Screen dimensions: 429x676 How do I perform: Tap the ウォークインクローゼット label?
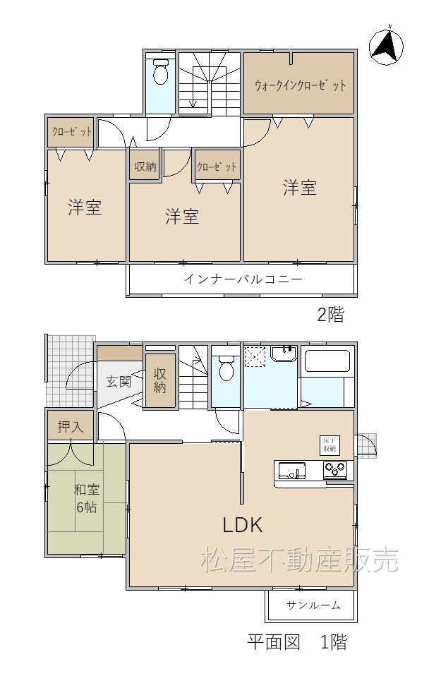pos(300,85)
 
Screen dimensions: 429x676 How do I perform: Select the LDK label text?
pos(242,525)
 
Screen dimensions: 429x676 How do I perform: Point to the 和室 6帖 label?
pos(87,498)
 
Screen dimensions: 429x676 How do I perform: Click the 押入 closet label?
pos(71,427)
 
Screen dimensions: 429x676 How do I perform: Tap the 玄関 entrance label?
pos(119,382)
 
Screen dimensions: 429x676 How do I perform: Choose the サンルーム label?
pos(313,605)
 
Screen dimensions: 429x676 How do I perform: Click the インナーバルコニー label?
pos(243,279)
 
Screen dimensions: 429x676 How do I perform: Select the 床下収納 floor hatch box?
pos(330,445)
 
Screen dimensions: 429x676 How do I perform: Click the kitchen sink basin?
pos(292,471)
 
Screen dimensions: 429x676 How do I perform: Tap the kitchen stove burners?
pos(335,470)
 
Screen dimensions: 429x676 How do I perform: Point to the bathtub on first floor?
pos(327,361)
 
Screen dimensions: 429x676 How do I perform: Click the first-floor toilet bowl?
pos(226,368)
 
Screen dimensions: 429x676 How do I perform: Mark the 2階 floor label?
pos(331,315)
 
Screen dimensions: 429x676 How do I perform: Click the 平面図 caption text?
pos(274,642)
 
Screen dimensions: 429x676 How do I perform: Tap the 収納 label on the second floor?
pos(145,167)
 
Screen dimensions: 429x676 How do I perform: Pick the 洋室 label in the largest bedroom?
pos(300,188)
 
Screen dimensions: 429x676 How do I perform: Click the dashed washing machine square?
pos(255,356)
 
